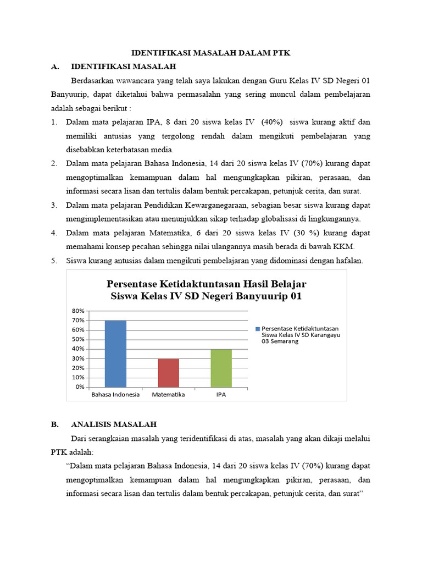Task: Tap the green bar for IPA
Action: pyautogui.click(x=221, y=368)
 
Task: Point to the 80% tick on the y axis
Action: pyautogui.click(x=77, y=311)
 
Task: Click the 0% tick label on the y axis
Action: pyautogui.click(x=79, y=387)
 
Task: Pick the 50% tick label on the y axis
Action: pyautogui.click(x=77, y=339)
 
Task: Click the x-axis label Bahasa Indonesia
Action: pyautogui.click(x=115, y=395)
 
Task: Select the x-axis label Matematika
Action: pyautogui.click(x=169, y=395)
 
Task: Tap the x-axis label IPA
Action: pyautogui.click(x=221, y=395)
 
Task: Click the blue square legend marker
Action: pyautogui.click(x=257, y=329)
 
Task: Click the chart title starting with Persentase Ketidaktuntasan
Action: pyautogui.click(x=206, y=290)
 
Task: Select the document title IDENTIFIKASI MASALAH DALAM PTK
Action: pyautogui.click(x=211, y=53)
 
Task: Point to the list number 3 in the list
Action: pyautogui.click(x=54, y=205)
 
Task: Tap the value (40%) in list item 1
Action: pyautogui.click(x=266, y=122)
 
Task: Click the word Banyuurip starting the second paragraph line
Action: pyautogui.click(x=69, y=94)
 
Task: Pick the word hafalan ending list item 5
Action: pyautogui.click(x=349, y=261)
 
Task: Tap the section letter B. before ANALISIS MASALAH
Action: pyautogui.click(x=54, y=424)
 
